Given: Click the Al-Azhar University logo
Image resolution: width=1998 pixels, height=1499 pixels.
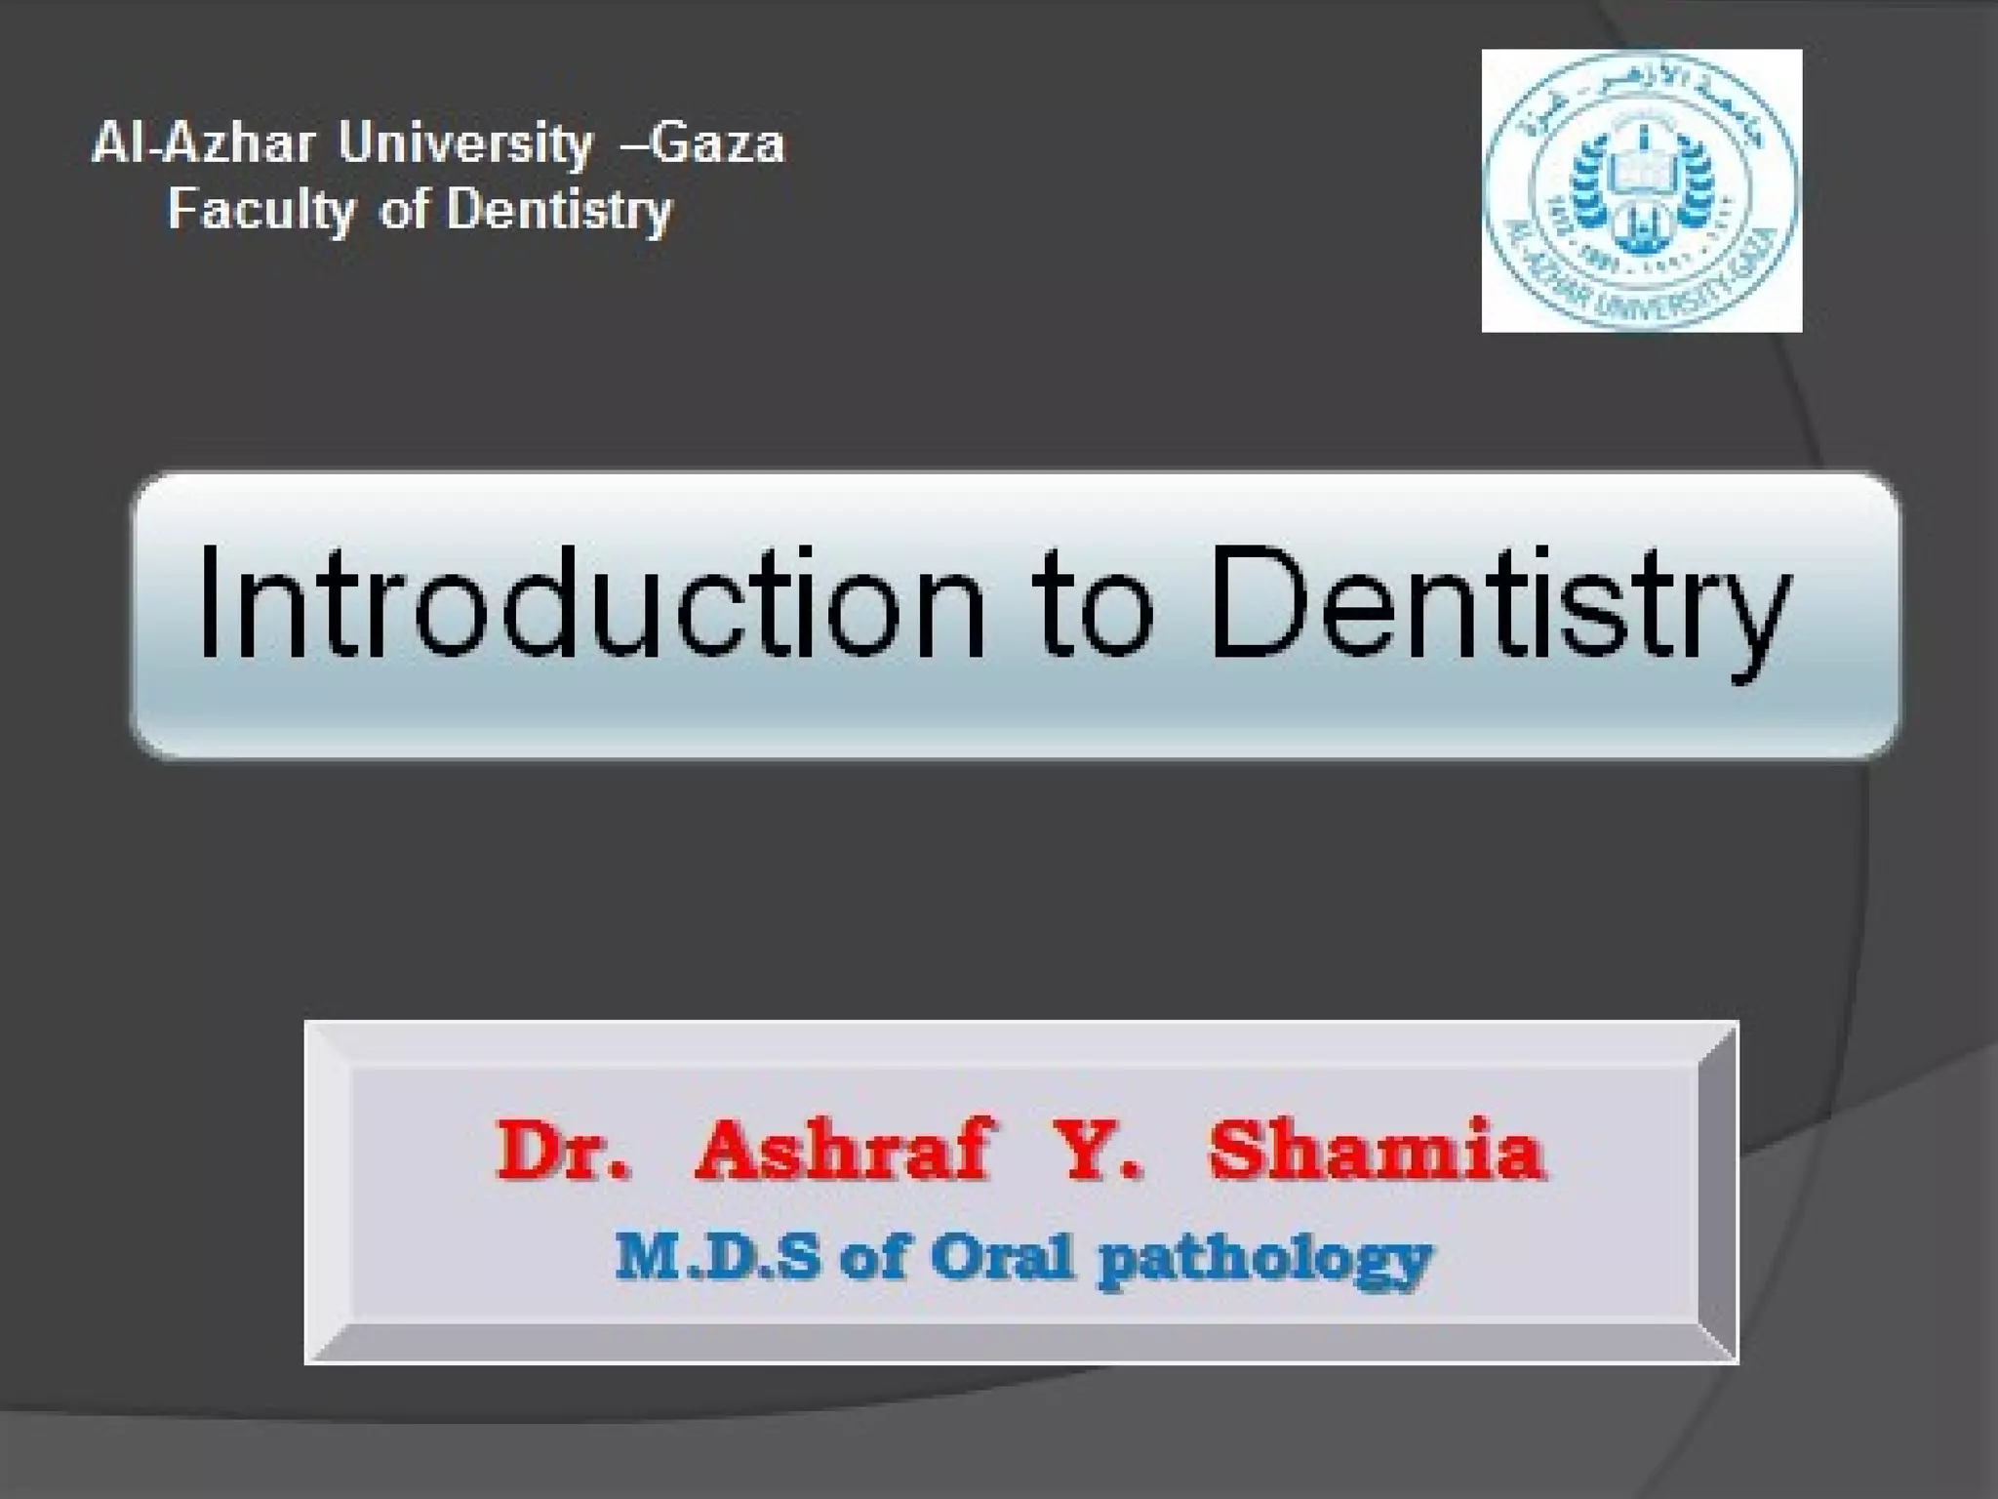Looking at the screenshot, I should (x=1641, y=190).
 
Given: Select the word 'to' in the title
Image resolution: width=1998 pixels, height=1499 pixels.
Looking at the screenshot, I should (x=1094, y=605).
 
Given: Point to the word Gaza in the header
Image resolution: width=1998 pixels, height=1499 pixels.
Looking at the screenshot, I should (x=717, y=144).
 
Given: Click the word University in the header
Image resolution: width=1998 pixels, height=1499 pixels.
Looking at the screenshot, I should (x=465, y=144).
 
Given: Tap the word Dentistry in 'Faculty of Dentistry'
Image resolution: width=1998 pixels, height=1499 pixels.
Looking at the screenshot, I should (x=559, y=211).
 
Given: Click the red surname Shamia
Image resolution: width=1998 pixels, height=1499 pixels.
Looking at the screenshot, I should (x=1377, y=1152).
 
